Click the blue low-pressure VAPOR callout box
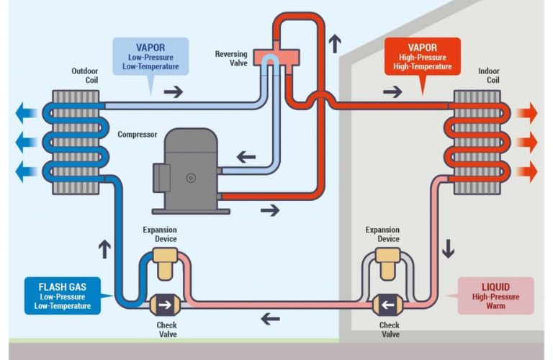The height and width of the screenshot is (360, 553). coord(150,57)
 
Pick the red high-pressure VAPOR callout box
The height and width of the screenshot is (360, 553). coord(422,57)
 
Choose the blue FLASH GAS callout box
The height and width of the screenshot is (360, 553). coord(63,295)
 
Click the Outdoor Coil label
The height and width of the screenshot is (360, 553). coord(85,76)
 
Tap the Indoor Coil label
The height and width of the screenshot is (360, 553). coord(488,76)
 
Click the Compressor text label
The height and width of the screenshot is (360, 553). coord(137,135)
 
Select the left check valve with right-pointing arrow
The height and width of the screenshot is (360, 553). coord(166,305)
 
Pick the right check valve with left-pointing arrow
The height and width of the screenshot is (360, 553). coord(390,305)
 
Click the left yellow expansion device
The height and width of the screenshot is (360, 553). coord(166,264)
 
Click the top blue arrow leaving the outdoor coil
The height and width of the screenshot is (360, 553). coord(28,112)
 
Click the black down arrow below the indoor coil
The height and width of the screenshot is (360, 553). coord(449,249)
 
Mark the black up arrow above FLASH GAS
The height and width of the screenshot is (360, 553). coord(104,249)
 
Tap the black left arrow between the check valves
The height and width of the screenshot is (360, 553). coord(271,318)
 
